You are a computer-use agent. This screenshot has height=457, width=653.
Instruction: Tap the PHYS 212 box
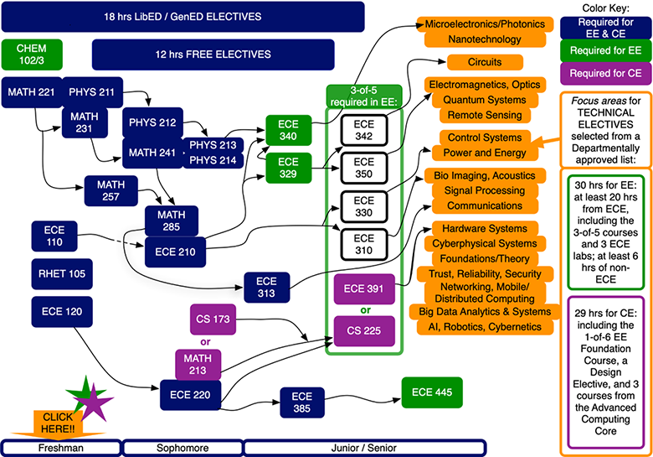[152, 123]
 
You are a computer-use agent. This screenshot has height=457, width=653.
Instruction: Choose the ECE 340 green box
[288, 128]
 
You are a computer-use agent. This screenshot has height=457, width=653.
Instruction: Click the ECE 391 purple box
[362, 289]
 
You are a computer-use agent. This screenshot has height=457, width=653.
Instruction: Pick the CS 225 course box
[362, 331]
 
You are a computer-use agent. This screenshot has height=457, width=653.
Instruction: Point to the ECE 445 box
[433, 392]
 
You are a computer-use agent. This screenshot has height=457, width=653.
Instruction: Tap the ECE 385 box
[302, 402]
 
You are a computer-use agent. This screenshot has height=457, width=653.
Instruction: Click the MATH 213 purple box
[198, 366]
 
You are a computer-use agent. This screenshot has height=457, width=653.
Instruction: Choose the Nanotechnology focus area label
[474, 39]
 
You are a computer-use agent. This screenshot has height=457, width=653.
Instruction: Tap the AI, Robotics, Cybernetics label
[491, 327]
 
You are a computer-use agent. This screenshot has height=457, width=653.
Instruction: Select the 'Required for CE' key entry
[605, 74]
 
